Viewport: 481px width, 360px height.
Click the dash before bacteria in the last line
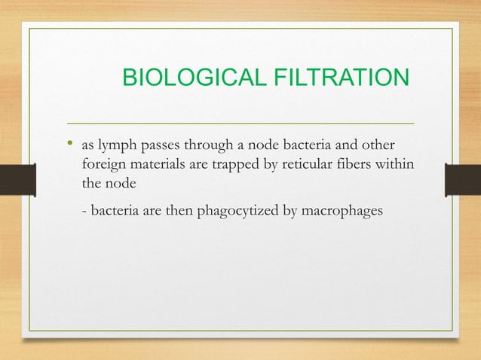84,209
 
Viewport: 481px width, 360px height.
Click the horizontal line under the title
241,122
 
